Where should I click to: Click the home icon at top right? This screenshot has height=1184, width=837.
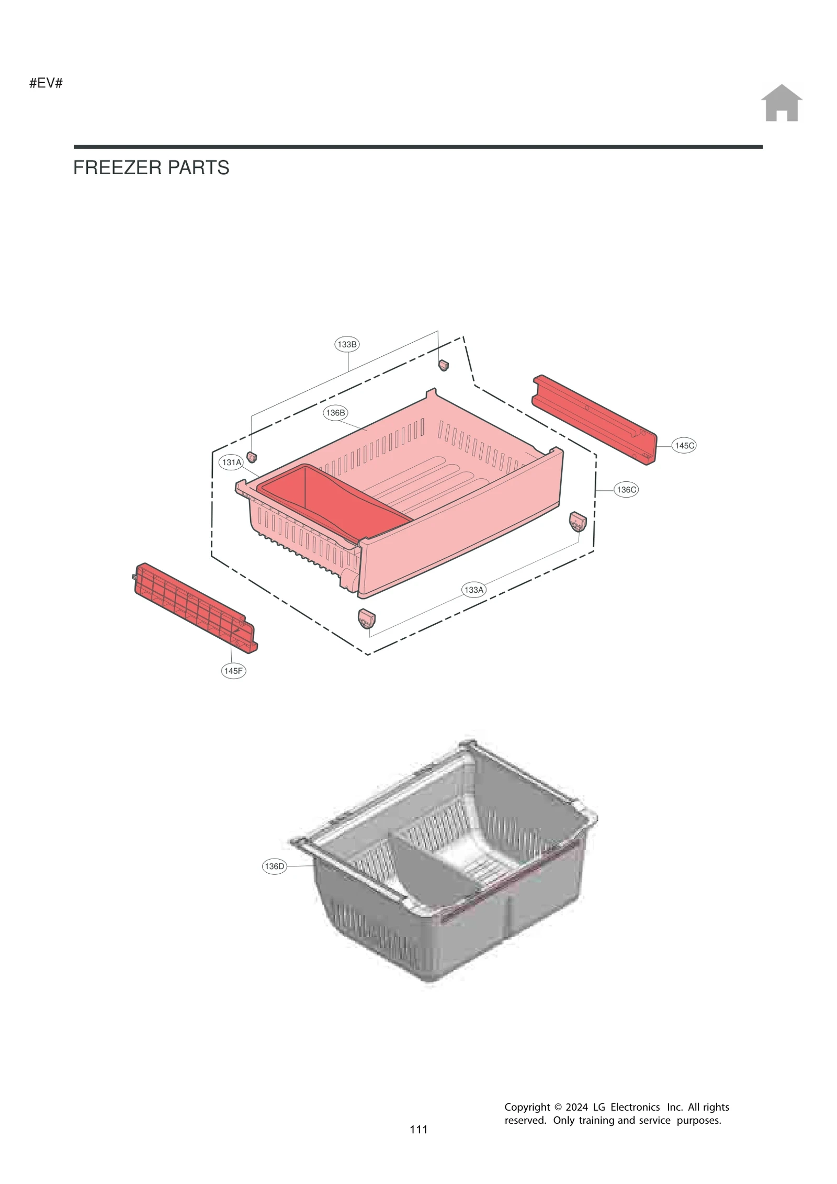pos(781,103)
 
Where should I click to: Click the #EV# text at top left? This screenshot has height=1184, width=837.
pos(46,83)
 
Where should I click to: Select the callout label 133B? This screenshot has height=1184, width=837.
pos(347,344)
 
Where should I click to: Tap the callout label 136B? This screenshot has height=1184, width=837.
pos(335,413)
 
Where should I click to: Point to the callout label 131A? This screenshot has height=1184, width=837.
pos(231,463)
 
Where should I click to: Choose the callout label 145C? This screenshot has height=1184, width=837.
pos(684,446)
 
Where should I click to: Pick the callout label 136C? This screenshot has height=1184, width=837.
pos(626,490)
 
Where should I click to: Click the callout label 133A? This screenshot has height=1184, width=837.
pos(474,590)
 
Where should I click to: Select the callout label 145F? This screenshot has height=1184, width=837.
pos(233,671)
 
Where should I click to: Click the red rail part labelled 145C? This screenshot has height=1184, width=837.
pos(594,419)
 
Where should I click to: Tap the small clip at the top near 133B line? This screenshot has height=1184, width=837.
pos(443,365)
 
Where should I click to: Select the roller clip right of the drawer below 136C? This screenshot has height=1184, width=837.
pos(578,522)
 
